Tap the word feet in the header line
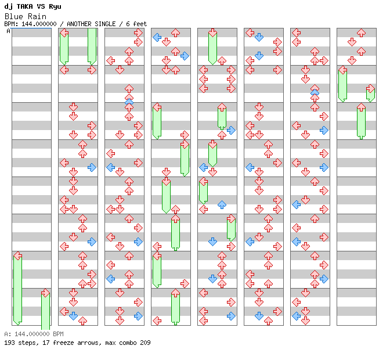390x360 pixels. point(139,24)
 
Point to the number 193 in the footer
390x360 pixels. point(9,343)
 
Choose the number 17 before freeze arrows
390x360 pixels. point(43,343)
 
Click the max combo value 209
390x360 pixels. point(145,343)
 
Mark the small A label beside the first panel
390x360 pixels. point(8,31)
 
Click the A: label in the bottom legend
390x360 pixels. point(8,334)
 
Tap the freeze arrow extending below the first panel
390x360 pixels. point(45,314)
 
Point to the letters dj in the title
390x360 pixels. point(8,6)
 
